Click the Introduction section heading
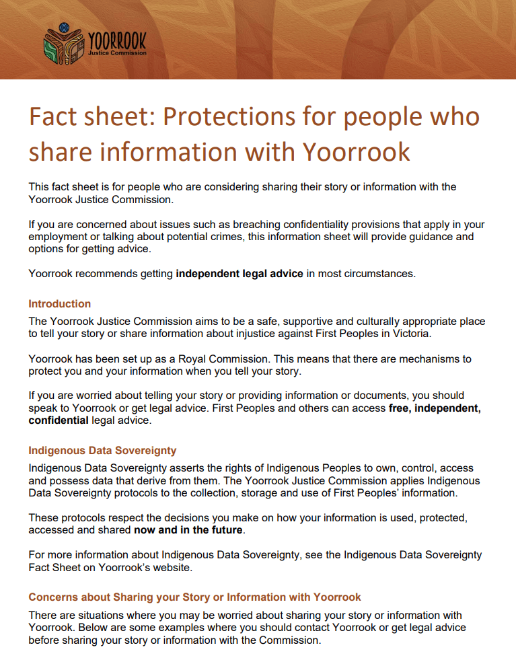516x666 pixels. click(x=59, y=303)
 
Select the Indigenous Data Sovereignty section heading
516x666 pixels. click(x=102, y=450)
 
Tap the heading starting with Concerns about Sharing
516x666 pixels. click(x=194, y=597)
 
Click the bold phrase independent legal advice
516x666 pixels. click(x=239, y=274)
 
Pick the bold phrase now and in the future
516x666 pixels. click(x=188, y=531)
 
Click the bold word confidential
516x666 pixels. click(x=58, y=420)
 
